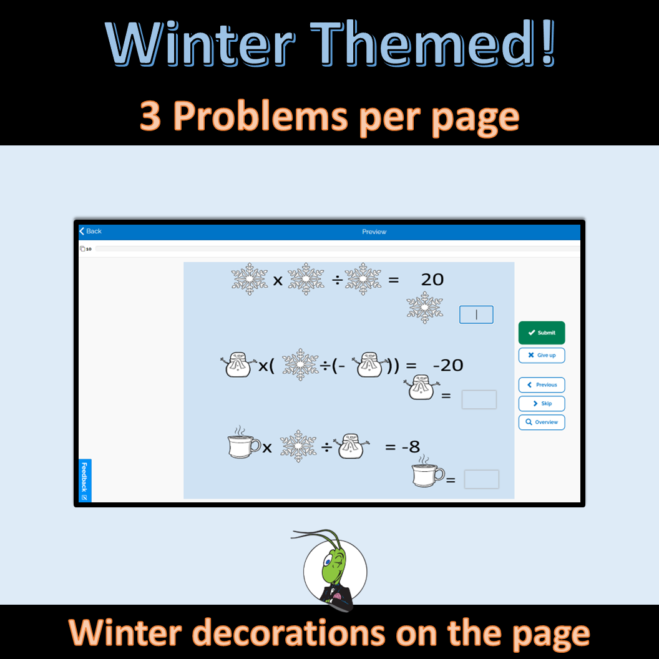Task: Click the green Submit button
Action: click(x=542, y=333)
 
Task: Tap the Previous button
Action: click(x=542, y=384)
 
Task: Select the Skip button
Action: click(x=542, y=403)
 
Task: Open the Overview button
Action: click(x=542, y=422)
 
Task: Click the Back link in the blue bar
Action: click(x=90, y=231)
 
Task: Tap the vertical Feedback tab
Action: click(x=85, y=481)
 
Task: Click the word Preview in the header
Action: click(x=374, y=232)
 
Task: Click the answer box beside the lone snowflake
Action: click(x=476, y=315)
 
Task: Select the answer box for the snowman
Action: click(x=479, y=399)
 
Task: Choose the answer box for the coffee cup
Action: click(x=482, y=479)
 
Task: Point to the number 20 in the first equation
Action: click(x=432, y=279)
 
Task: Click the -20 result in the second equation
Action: click(x=447, y=365)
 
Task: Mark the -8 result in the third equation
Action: click(x=411, y=446)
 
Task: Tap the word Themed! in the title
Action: click(x=444, y=46)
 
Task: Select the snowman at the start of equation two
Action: click(x=238, y=365)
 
